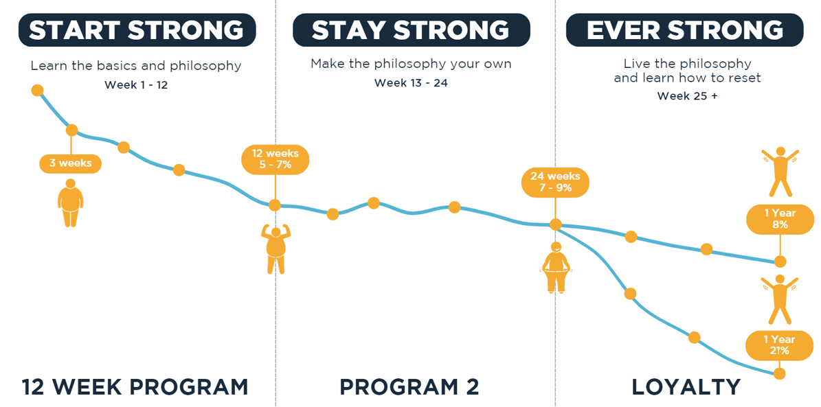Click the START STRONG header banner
tap(137, 30)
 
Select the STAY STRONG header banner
tap(411, 30)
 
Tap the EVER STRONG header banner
tap(684, 30)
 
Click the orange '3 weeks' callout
tap(70, 163)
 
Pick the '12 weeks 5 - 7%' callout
tap(275, 159)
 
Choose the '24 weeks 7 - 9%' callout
tap(555, 181)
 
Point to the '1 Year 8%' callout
tap(780, 220)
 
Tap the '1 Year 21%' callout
tap(780, 345)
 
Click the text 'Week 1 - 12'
tap(136, 84)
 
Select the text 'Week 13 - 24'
tap(411, 83)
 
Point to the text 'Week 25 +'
tap(688, 96)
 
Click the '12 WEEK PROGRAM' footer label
tap(135, 387)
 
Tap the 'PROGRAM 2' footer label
tap(409, 387)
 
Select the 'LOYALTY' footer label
tap(686, 387)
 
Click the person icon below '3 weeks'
tap(70, 203)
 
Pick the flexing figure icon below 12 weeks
tap(275, 249)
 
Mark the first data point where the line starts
tap(37, 91)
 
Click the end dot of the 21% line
tap(780, 373)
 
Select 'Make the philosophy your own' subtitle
tap(411, 65)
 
